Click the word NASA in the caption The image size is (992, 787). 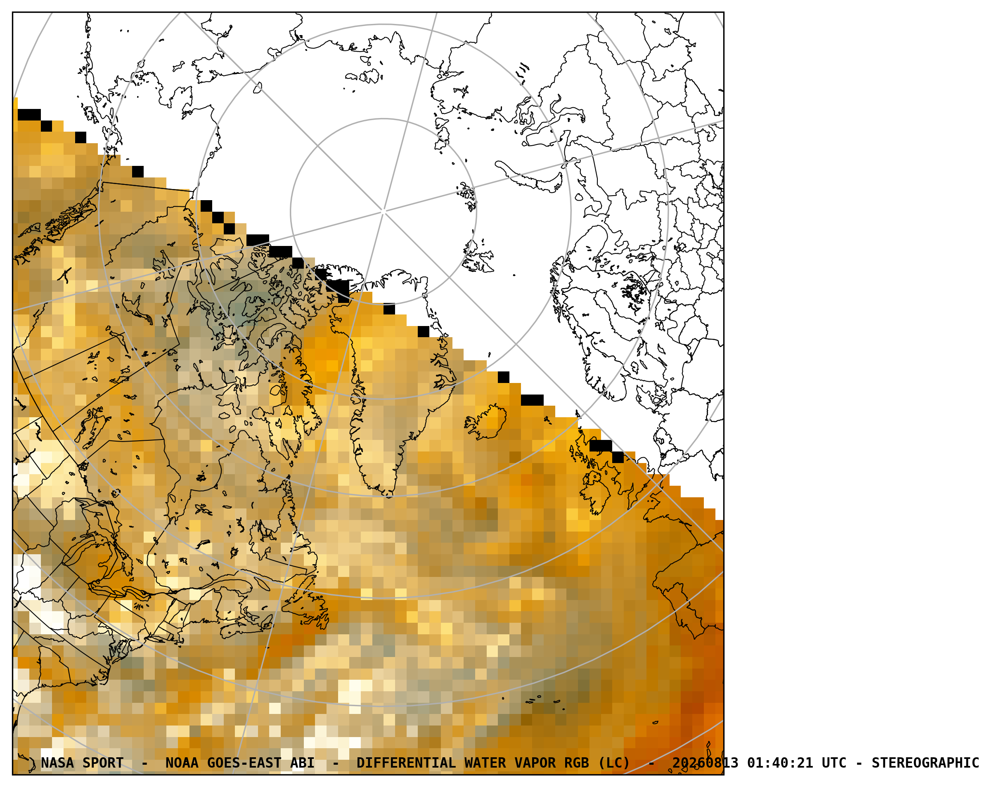[x=57, y=763]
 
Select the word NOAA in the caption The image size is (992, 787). [x=182, y=763]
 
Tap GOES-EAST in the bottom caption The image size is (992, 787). [x=244, y=763]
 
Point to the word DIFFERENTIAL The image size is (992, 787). [x=406, y=763]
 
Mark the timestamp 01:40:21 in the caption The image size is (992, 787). [x=780, y=763]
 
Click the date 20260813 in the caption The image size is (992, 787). [x=706, y=763]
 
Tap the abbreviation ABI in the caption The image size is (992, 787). [x=302, y=763]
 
